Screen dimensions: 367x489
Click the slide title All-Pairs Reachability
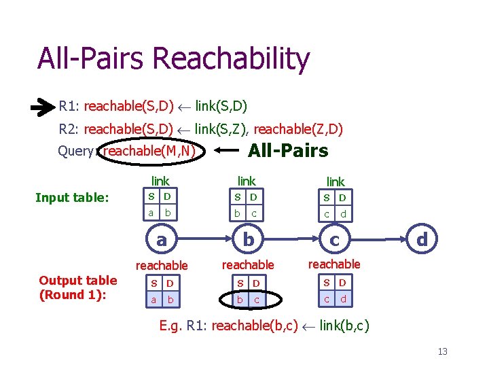(173, 59)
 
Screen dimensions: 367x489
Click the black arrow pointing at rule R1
(43, 107)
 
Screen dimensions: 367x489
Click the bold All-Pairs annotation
(288, 151)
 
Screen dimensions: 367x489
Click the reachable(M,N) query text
(150, 151)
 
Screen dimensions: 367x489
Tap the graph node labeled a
(162, 239)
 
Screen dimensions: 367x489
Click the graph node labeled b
(248, 239)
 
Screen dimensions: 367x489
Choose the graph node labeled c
(334, 239)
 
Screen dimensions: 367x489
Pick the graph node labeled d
(421, 239)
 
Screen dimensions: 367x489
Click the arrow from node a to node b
(204, 239)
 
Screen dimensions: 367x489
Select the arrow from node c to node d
(378, 239)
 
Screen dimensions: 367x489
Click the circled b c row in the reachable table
(247, 299)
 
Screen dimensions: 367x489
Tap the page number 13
(442, 351)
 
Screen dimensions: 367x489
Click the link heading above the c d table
(336, 181)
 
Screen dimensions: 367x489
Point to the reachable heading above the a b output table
(162, 265)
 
